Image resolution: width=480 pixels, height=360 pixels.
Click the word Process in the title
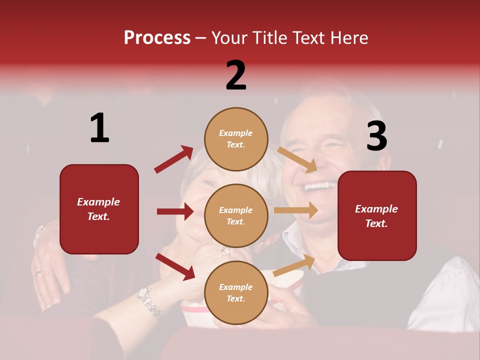[x=157, y=38]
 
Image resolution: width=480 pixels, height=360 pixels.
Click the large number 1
[x=99, y=128]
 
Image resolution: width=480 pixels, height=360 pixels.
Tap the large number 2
[x=236, y=75]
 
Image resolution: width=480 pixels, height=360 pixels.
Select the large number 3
[x=376, y=136]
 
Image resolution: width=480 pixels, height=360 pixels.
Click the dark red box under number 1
[x=99, y=209]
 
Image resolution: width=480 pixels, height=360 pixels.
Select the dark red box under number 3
[x=377, y=215]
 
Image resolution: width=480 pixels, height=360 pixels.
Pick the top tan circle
[x=236, y=139]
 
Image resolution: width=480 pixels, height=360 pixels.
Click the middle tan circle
[x=236, y=215]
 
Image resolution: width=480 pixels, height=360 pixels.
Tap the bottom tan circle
[x=236, y=292]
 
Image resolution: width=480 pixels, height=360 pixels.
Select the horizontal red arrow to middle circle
[x=175, y=211]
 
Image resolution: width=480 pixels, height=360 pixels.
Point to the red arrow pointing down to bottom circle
[x=175, y=266]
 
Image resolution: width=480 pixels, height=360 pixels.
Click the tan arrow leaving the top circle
[x=297, y=159]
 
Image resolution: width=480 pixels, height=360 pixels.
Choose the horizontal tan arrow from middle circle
[x=296, y=210]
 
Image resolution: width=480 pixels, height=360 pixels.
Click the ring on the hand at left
[x=39, y=273]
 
